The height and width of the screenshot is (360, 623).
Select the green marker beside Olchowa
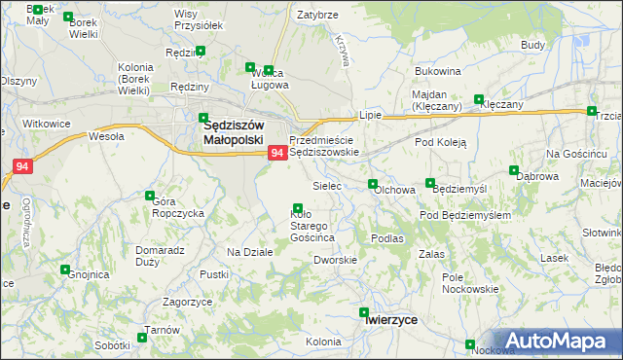click(x=372, y=184)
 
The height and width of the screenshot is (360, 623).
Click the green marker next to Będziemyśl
click(x=430, y=184)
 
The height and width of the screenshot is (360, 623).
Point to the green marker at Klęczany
click(x=478, y=99)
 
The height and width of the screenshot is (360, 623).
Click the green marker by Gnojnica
click(x=65, y=270)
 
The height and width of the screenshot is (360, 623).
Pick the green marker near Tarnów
click(x=143, y=338)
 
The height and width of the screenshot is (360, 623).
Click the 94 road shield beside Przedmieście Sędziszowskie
click(x=276, y=153)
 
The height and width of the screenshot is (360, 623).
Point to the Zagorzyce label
click(x=188, y=303)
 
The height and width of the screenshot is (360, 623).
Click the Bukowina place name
click(x=437, y=72)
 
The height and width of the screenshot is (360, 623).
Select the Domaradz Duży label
click(x=160, y=256)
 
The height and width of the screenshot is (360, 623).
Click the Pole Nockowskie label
click(x=470, y=283)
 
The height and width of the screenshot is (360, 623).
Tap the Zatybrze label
click(x=317, y=16)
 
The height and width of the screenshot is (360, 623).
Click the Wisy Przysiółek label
click(x=198, y=20)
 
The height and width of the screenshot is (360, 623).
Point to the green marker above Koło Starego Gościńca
click(x=297, y=208)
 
